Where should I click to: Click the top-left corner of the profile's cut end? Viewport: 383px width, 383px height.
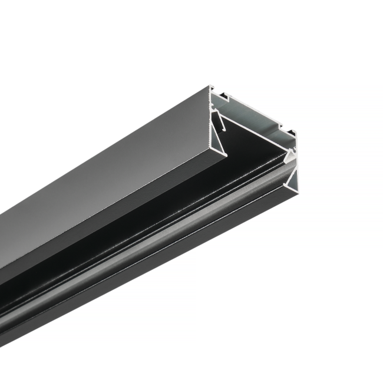point(210,87)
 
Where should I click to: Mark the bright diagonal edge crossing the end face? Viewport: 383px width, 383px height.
point(253,135)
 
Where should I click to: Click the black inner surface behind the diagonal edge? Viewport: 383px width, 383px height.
point(247,147)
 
